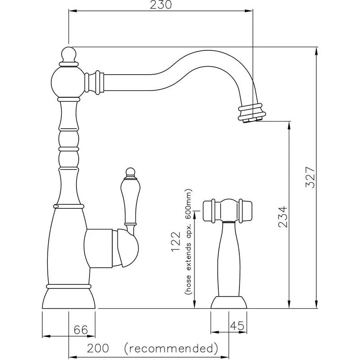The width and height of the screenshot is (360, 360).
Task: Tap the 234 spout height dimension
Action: click(x=282, y=216)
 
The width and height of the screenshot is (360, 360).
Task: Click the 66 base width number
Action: click(x=80, y=330)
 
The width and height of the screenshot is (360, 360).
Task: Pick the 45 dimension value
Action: click(x=237, y=325)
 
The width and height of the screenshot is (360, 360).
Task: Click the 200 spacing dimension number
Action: click(x=98, y=348)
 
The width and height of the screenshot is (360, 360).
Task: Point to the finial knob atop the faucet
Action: click(x=68, y=55)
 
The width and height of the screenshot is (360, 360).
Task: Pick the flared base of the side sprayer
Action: click(x=229, y=303)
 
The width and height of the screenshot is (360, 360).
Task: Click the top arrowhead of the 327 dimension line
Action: click(x=316, y=50)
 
